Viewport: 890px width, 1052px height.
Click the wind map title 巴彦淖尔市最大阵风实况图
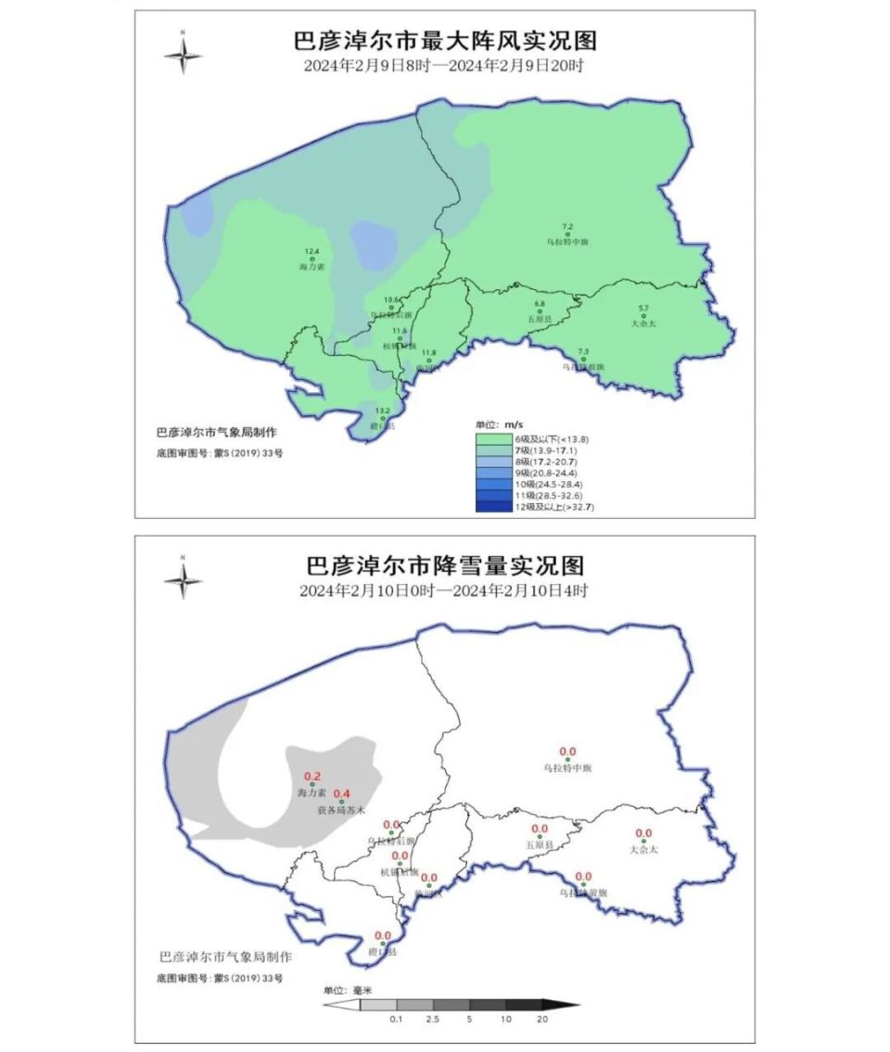pos(444,42)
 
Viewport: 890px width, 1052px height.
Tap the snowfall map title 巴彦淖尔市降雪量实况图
pos(444,565)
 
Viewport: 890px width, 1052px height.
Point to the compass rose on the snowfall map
pos(183,579)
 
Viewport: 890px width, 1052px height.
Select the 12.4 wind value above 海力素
pos(311,252)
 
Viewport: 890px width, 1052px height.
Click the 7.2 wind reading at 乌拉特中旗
pos(567,226)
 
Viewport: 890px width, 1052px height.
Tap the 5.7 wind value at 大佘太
pos(643,308)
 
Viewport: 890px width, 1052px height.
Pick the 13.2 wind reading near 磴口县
pos(382,411)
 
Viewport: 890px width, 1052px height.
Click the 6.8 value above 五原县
pos(540,304)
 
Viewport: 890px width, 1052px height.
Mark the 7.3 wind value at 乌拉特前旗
pos(582,351)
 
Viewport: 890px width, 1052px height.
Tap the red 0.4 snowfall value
pos(341,793)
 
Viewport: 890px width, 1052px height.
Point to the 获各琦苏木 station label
pos(341,810)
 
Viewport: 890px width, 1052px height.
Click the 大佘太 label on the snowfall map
pos(642,849)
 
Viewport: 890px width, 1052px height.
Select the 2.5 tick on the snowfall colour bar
pos(432,1020)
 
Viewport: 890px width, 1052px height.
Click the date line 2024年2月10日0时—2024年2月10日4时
pos(444,590)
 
